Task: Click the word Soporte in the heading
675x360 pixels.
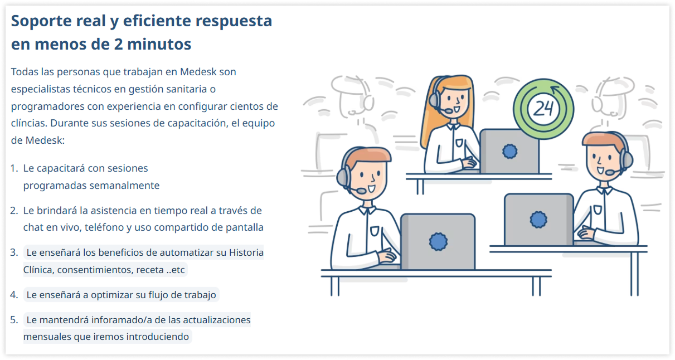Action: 42,22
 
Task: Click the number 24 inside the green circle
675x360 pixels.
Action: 543,109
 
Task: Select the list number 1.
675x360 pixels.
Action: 14,168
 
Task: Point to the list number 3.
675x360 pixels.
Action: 14,252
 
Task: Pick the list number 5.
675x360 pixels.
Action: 14,320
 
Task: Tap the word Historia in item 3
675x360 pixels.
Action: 246,252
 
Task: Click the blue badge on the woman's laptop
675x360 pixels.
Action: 509,151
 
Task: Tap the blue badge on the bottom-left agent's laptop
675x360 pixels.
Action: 438,242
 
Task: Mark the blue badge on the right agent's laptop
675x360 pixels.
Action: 538,220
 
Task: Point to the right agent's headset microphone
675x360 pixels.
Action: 611,172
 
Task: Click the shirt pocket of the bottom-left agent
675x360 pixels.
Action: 374,231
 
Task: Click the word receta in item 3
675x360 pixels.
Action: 150,270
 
